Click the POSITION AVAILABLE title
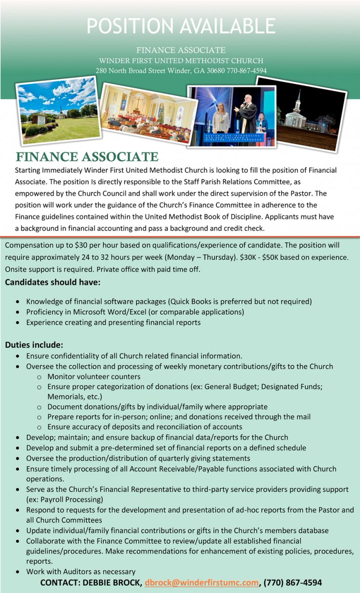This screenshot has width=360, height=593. [x=181, y=26]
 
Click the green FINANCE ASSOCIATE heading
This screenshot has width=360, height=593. [x=87, y=158]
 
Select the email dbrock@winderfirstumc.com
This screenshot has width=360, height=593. [x=201, y=583]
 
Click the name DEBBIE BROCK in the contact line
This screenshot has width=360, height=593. [x=110, y=583]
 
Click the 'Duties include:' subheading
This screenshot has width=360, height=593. [x=34, y=344]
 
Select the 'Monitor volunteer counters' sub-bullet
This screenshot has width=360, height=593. [x=94, y=377]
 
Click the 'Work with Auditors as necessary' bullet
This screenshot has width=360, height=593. [x=80, y=571]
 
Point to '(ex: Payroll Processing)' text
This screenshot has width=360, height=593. [x=65, y=499]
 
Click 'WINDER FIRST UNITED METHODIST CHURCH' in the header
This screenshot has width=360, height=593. [x=181, y=60]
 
